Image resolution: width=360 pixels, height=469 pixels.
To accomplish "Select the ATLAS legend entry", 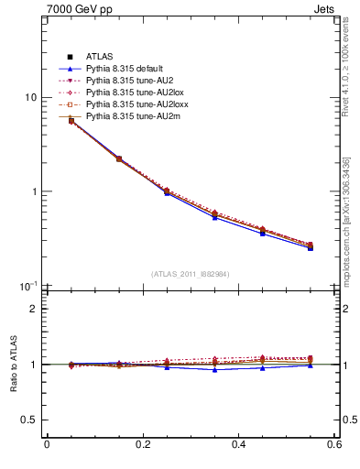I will point(99,58).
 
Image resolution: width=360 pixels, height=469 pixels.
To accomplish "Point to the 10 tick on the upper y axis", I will point(31,98).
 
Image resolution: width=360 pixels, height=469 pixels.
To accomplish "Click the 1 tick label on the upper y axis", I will point(35,192).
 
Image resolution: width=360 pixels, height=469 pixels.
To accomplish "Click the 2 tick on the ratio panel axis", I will point(35,309).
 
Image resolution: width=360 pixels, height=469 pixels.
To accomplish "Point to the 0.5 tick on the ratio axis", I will point(30,420).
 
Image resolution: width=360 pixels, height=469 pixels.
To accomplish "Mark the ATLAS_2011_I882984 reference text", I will point(191,274).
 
